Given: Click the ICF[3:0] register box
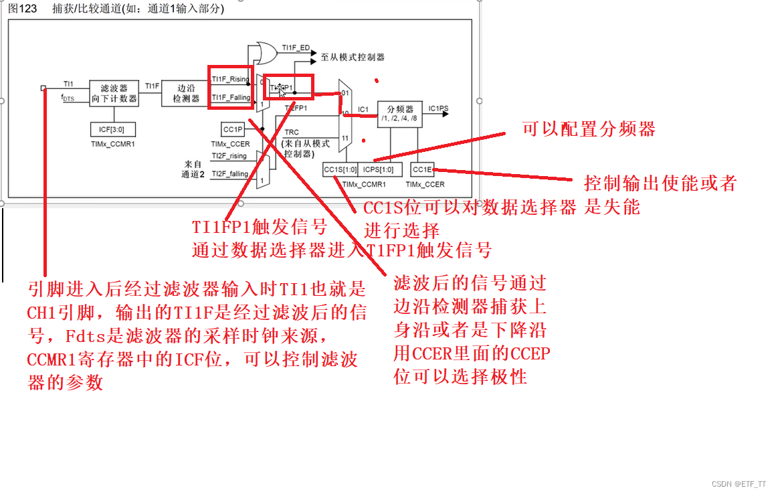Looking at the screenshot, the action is click(x=108, y=129).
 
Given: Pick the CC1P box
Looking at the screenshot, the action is click(x=233, y=129).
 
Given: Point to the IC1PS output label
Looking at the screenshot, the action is click(x=439, y=108).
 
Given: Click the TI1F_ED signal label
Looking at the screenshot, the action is click(x=295, y=48).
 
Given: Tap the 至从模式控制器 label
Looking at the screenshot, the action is click(x=353, y=58).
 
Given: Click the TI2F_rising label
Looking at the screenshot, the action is click(x=229, y=156).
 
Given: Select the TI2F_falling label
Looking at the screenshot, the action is click(x=229, y=174).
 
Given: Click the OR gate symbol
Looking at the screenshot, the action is click(x=260, y=51).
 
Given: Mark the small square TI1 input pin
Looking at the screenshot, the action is click(x=43, y=87).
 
